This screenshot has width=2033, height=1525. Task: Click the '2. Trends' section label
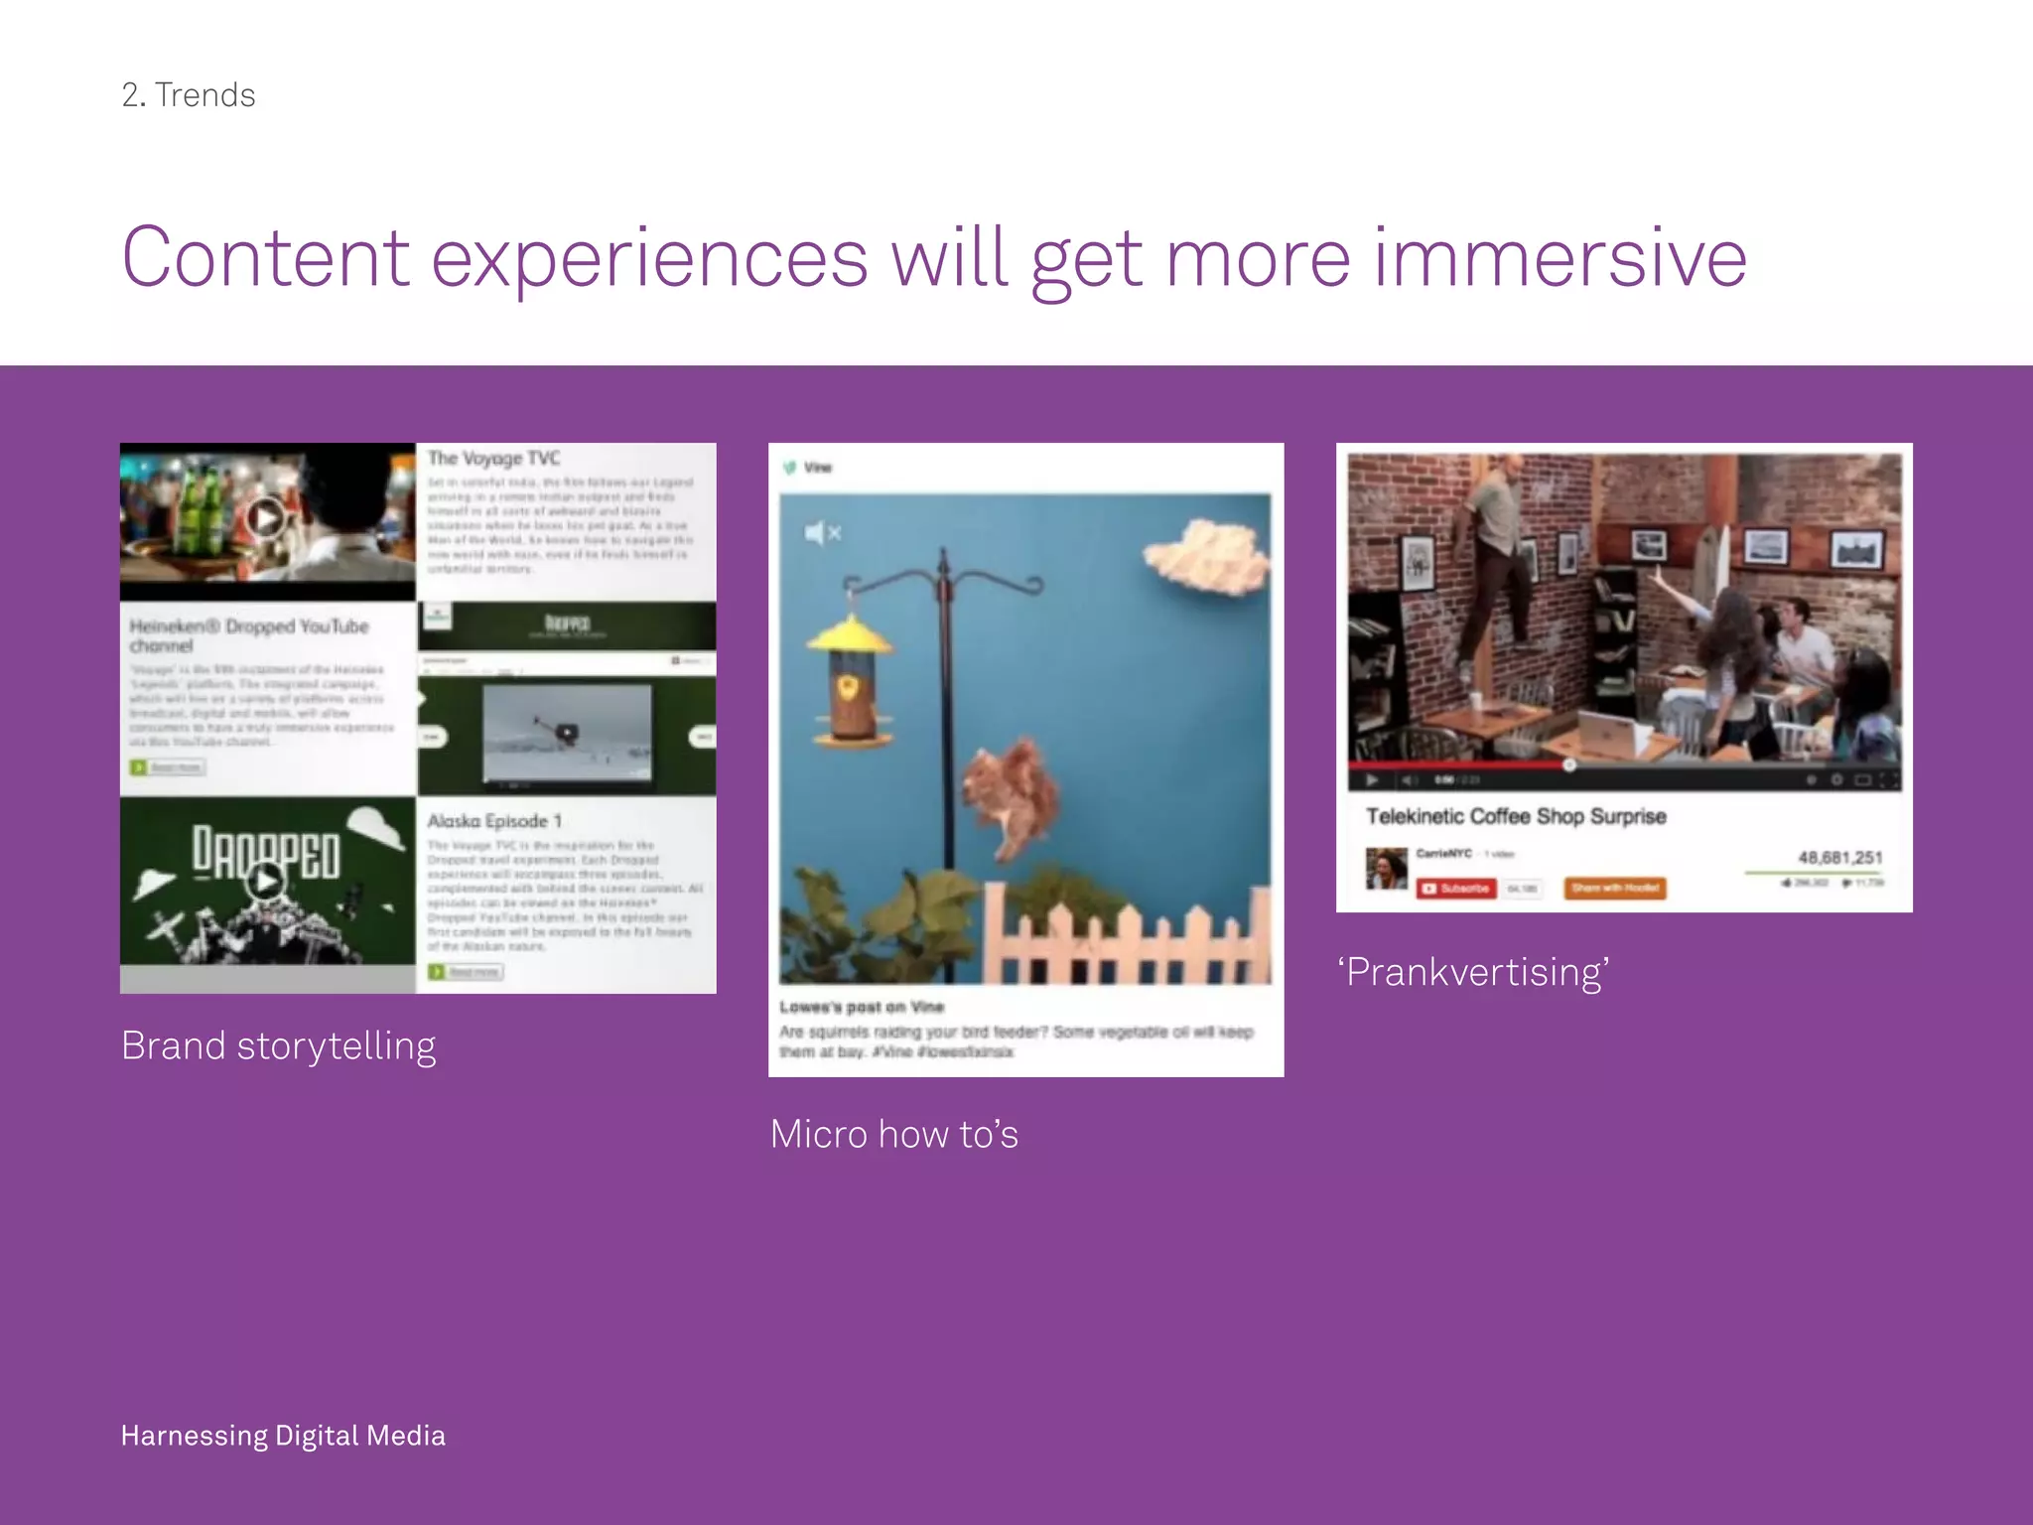189,95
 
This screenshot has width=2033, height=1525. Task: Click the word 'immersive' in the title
1559,258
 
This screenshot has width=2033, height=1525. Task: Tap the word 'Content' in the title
265,258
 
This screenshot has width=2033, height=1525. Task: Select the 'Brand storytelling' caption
278,1045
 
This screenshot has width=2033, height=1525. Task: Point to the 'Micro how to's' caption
893,1134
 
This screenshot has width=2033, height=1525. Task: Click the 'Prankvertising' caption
1473,972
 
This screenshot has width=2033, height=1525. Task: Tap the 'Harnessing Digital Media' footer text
283,1436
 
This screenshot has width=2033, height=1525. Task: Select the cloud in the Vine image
1206,556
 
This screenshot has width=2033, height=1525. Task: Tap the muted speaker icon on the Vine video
822,533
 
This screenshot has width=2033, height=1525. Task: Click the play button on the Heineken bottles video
265,517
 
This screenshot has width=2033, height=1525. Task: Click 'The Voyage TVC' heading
493,458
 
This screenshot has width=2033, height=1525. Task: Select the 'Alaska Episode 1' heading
494,821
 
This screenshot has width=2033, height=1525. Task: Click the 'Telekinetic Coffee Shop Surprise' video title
1516,816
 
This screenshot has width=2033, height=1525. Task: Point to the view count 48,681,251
1839,857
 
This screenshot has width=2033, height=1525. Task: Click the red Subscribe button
1456,888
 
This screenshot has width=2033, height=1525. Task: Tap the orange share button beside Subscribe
1614,888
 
